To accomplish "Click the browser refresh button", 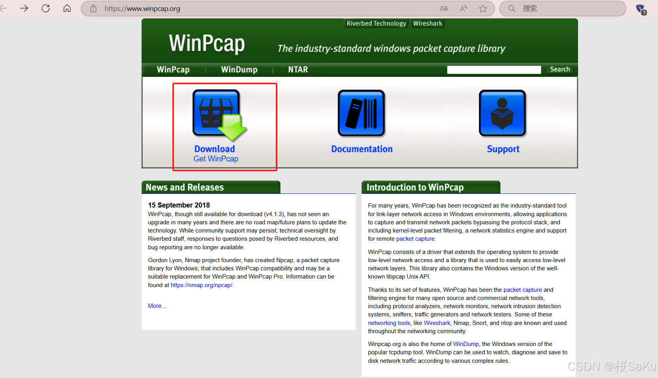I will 46,8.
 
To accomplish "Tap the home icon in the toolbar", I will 67,8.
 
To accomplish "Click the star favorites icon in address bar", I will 483,9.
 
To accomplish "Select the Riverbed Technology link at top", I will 376,23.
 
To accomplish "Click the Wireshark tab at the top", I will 427,23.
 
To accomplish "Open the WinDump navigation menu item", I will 239,69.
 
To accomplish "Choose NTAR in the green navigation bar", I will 298,69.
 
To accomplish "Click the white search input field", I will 494,69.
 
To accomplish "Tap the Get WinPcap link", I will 216,159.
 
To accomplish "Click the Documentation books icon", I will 361,114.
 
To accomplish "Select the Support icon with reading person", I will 502,114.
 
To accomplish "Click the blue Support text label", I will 503,149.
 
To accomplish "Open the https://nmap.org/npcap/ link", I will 201,285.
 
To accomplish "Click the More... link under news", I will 157,306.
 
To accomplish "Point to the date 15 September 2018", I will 179,205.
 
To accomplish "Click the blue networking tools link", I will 389,323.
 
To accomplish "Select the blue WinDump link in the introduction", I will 466,344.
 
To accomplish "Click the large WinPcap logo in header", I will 207,43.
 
